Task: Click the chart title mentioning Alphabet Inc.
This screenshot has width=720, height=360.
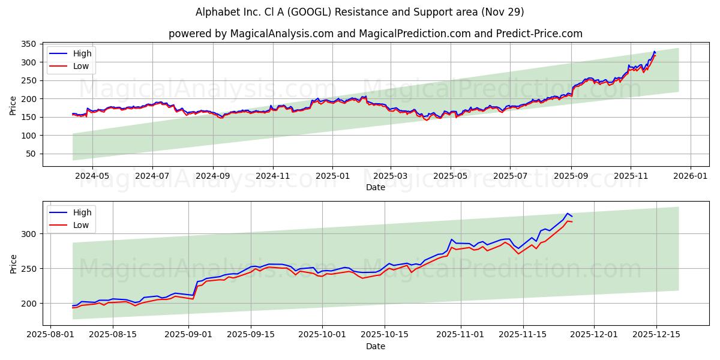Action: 360,12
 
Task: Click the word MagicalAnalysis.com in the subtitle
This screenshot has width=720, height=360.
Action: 282,34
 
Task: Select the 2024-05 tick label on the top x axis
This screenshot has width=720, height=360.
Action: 92,176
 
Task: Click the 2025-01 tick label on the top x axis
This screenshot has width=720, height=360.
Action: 332,176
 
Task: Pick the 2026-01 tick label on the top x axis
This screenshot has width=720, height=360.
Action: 690,176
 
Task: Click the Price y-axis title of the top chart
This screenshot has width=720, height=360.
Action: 13,106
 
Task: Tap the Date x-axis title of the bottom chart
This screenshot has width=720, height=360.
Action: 376,346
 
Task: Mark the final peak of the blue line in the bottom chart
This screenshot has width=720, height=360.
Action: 567,213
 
